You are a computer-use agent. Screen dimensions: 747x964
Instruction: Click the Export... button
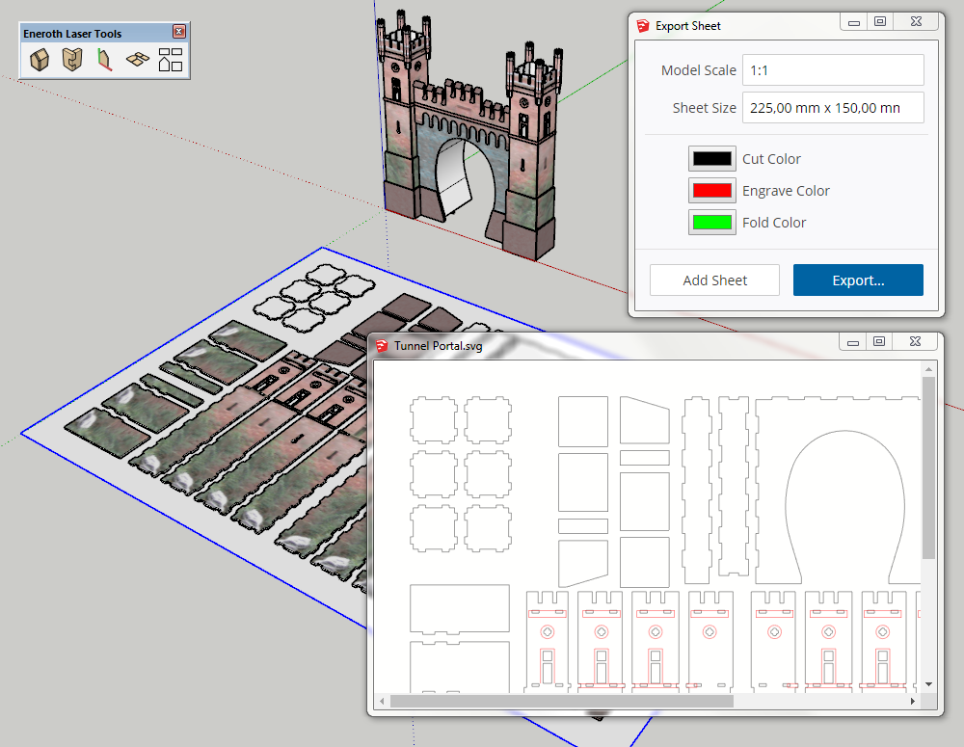[x=858, y=280]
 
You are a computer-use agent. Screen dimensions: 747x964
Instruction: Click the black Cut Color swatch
[x=712, y=159]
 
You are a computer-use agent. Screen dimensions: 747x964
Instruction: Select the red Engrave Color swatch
[x=712, y=191]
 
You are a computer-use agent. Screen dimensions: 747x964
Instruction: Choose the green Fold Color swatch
[x=712, y=223]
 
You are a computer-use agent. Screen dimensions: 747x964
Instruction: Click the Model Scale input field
[x=833, y=70]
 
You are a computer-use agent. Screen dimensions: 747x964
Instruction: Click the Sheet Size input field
[x=833, y=108]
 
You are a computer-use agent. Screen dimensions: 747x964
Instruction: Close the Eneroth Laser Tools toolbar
[x=178, y=33]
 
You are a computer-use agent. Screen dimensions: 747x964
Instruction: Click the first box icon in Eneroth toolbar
[x=40, y=61]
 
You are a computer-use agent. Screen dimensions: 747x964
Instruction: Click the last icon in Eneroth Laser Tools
[x=171, y=61]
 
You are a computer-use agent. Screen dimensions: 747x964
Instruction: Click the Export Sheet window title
[x=687, y=26]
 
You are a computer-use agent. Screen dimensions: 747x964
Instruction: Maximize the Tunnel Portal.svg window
[x=879, y=342]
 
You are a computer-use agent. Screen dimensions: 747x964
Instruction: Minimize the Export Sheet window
[x=851, y=22]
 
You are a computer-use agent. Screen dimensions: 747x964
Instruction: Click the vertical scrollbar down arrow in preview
[x=928, y=683]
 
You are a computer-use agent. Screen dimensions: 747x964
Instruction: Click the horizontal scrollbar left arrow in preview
[x=382, y=701]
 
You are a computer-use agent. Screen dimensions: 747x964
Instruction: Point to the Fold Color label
[x=774, y=223]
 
